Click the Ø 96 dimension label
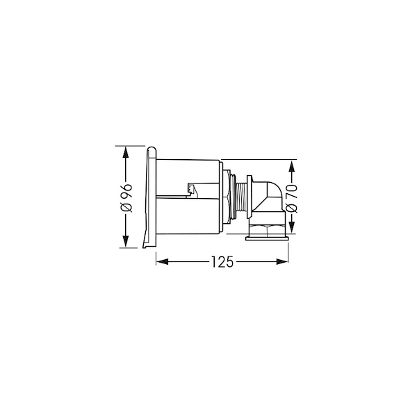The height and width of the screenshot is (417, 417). (126, 197)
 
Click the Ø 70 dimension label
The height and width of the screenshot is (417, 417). (292, 198)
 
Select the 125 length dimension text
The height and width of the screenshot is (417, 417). (222, 262)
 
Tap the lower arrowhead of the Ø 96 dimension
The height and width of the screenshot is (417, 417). (126, 241)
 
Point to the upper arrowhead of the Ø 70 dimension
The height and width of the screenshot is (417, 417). (292, 167)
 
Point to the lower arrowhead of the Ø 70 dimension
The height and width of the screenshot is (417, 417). (292, 227)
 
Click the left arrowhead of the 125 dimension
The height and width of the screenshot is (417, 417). (162, 262)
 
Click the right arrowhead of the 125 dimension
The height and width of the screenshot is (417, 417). (282, 262)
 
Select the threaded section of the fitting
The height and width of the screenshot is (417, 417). (241, 197)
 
